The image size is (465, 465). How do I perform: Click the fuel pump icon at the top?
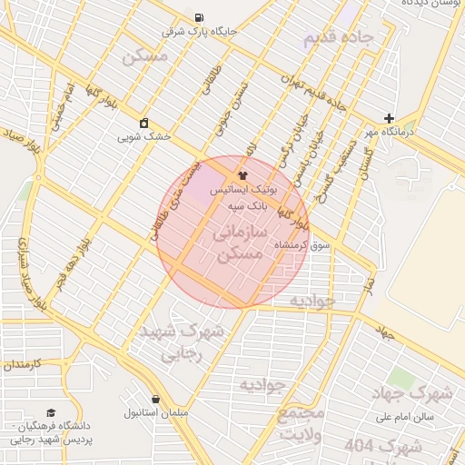click(x=199, y=17)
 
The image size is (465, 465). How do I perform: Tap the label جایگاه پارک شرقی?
click(x=199, y=31)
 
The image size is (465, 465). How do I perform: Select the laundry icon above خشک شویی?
click(x=143, y=123)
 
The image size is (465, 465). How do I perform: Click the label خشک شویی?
click(x=143, y=136)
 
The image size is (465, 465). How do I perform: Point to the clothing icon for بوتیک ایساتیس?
click(x=242, y=175)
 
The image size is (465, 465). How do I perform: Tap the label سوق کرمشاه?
click(x=334, y=245)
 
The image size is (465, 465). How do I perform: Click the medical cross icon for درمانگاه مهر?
click(x=389, y=118)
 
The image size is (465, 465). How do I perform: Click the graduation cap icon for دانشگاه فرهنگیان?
click(x=50, y=412)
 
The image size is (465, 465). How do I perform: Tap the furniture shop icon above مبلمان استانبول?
click(x=156, y=399)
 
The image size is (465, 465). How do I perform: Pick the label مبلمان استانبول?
click(x=156, y=413)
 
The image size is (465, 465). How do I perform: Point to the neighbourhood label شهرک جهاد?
click(x=413, y=393)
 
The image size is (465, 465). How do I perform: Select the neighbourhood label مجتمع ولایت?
click(x=301, y=425)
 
